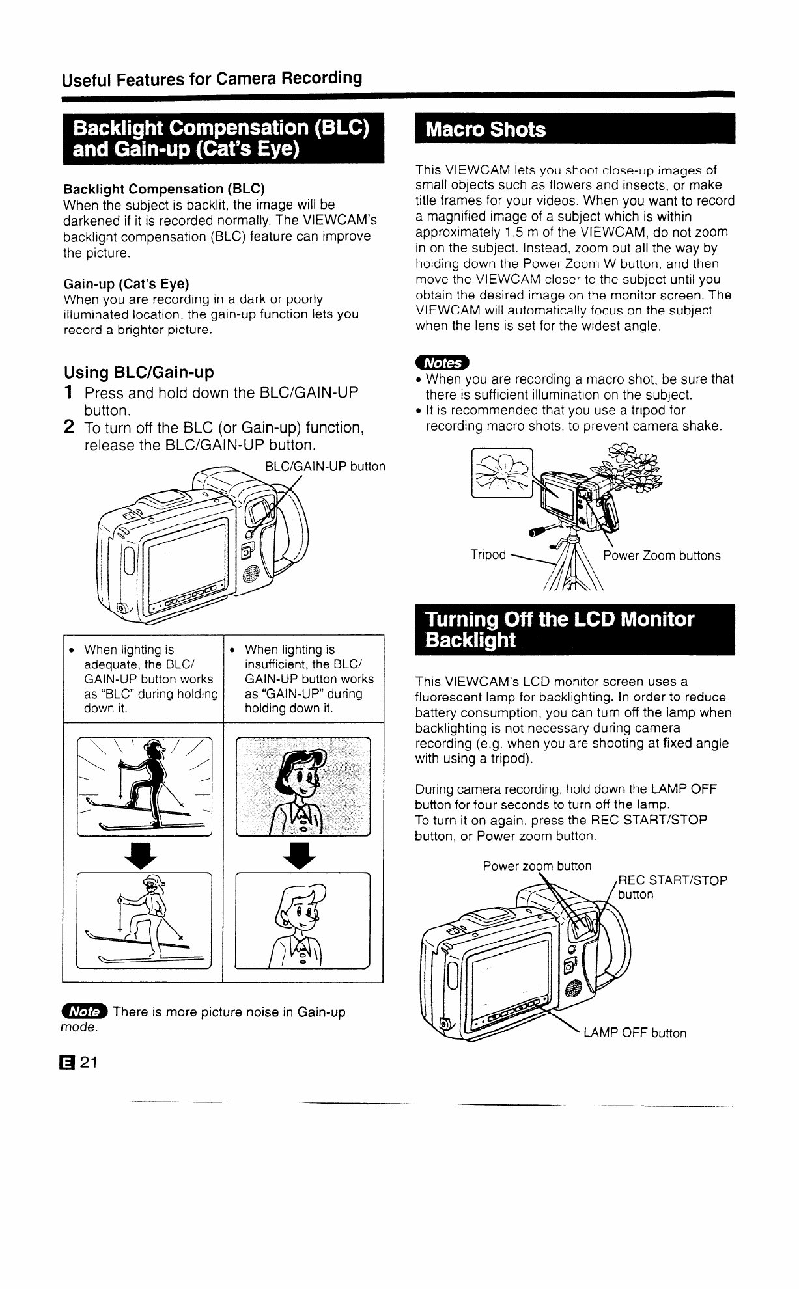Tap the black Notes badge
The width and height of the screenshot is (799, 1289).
click(x=443, y=362)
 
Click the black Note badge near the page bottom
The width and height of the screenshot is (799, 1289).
click(x=84, y=1012)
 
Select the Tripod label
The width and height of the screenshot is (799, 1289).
click(x=488, y=554)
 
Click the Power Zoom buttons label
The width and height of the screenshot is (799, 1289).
click(x=662, y=555)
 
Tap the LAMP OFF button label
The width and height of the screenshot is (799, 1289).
click(x=635, y=1033)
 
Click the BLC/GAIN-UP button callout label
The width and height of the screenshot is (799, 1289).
click(x=325, y=467)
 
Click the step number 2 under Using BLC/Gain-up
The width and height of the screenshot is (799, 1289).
click(x=68, y=427)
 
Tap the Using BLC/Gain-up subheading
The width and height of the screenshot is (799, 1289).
click(x=139, y=373)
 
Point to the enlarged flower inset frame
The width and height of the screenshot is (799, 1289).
click(x=501, y=473)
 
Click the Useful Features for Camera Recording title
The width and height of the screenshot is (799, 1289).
click(x=212, y=79)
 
